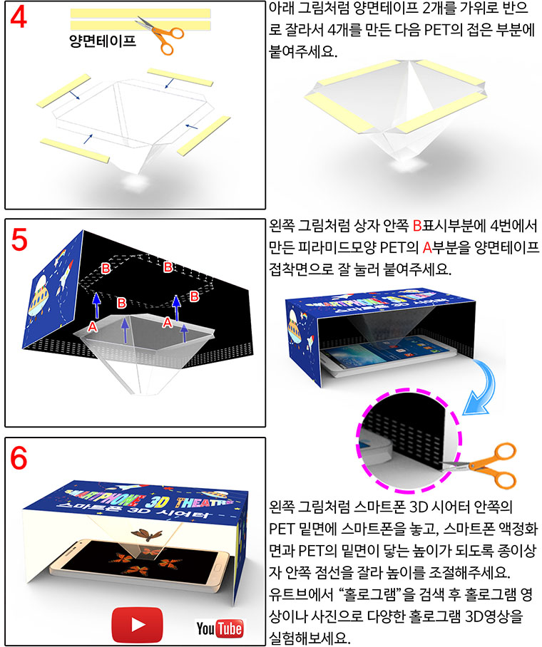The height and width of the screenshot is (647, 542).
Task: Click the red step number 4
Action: pyautogui.click(x=19, y=17)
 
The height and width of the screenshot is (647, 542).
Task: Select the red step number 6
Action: pyautogui.click(x=19, y=458)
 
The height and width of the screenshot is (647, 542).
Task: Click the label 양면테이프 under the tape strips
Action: pyautogui.click(x=103, y=40)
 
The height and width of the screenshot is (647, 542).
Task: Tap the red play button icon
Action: pyautogui.click(x=138, y=624)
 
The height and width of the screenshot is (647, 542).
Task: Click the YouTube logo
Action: pyautogui.click(x=220, y=628)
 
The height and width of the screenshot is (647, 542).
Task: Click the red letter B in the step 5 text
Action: pyautogui.click(x=416, y=226)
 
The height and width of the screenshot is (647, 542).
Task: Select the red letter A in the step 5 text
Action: pyautogui.click(x=427, y=247)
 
